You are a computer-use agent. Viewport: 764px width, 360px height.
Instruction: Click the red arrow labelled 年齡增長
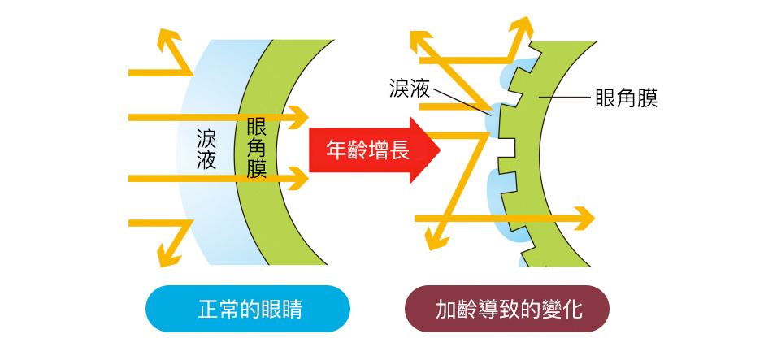coord(370,150)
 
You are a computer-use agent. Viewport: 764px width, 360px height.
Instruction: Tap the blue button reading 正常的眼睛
coord(247,309)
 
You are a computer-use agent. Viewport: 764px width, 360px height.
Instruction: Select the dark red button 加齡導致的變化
coord(507,309)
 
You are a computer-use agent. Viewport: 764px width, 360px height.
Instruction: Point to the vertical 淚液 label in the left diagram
coord(206,150)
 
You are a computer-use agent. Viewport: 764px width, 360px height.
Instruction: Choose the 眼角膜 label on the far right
coord(626,98)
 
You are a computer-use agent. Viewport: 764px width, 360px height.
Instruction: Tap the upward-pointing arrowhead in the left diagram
coord(168,41)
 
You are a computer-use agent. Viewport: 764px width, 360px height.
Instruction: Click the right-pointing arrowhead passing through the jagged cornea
coord(584,218)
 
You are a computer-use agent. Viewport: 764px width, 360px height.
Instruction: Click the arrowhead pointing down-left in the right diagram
coord(436,237)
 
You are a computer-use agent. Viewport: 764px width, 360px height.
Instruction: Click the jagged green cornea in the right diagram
coord(553,163)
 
